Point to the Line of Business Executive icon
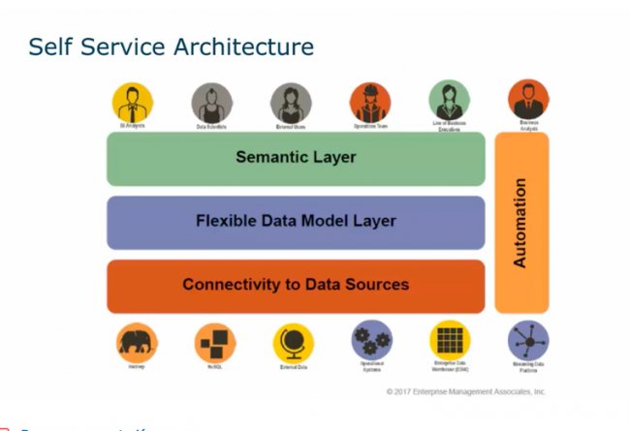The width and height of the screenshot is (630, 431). pyautogui.click(x=450, y=101)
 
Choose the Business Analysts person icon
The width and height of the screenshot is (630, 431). pyautogui.click(x=528, y=100)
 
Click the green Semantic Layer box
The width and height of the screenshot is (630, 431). pyautogui.click(x=296, y=158)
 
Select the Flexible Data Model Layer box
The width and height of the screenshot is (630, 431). pyautogui.click(x=296, y=222)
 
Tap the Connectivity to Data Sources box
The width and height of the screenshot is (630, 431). pyautogui.click(x=296, y=286)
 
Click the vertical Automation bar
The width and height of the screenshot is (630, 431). pyautogui.click(x=521, y=223)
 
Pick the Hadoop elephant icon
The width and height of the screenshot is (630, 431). pyautogui.click(x=137, y=343)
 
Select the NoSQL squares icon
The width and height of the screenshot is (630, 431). pyautogui.click(x=215, y=343)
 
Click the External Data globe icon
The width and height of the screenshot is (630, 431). pyautogui.click(x=293, y=343)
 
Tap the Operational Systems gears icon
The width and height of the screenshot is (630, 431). pyautogui.click(x=371, y=341)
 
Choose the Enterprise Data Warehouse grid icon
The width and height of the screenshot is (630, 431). pyautogui.click(x=450, y=341)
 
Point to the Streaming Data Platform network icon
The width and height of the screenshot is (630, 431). pyautogui.click(x=528, y=342)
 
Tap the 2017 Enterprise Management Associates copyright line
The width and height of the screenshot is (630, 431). pyautogui.click(x=465, y=392)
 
